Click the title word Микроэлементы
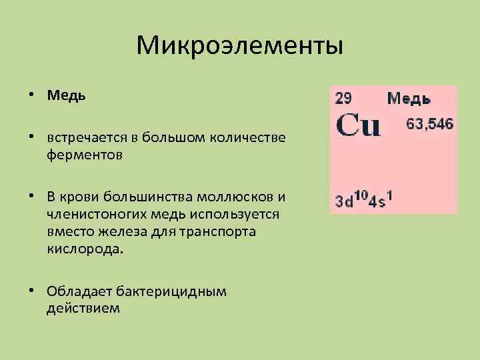point(239,47)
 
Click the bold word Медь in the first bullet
point(67,95)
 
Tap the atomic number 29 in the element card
point(343,99)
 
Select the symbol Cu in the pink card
point(358,125)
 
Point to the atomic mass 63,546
point(430,124)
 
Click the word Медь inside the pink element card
point(409,99)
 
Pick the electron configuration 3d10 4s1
point(365,200)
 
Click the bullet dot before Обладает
point(32,291)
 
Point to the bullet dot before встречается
point(32,137)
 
